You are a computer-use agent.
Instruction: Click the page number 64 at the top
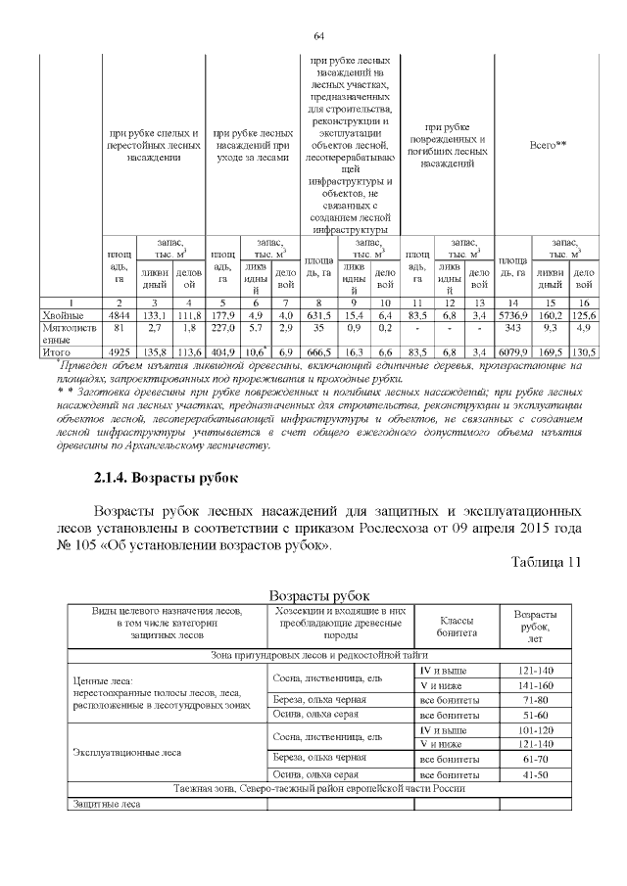click(318, 36)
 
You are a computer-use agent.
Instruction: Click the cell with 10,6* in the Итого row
click(255, 350)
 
